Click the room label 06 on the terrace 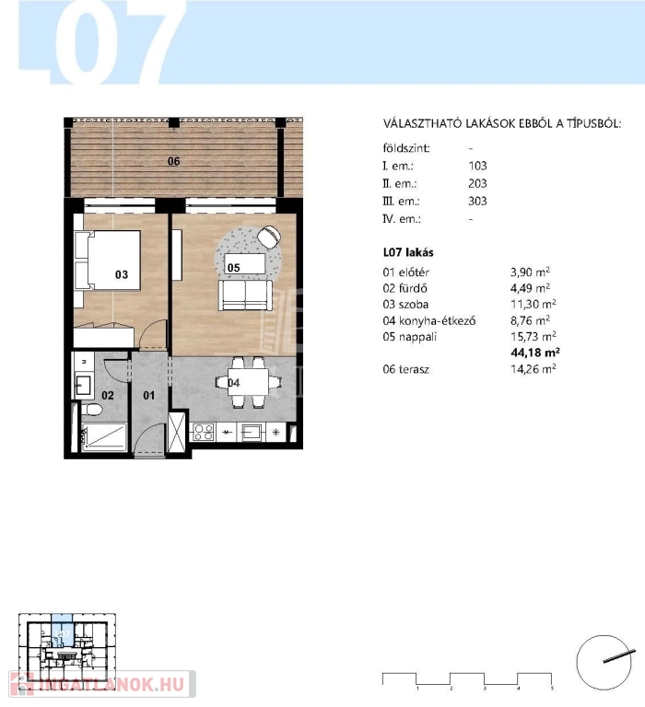point(174,161)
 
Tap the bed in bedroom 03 point(108,261)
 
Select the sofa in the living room point(245,296)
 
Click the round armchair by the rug point(269,237)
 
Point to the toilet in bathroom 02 point(92,410)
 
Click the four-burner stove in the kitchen point(204,432)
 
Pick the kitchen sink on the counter point(251,433)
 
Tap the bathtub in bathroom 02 point(104,437)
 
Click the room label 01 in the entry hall point(149,396)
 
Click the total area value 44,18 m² point(534,353)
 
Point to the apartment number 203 point(477,183)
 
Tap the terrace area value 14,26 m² point(534,369)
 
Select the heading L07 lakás point(408,252)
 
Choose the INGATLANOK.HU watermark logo point(102,685)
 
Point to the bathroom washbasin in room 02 point(83,386)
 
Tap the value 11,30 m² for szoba point(534,304)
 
